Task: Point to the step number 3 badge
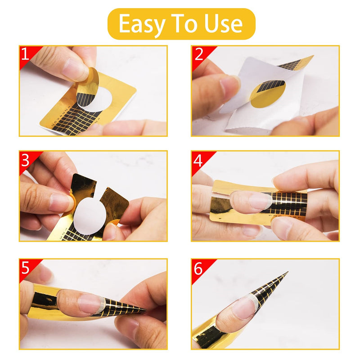coord(26,159)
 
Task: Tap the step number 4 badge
coord(198,159)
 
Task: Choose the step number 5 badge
coord(26,267)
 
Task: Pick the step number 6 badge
coord(198,267)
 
